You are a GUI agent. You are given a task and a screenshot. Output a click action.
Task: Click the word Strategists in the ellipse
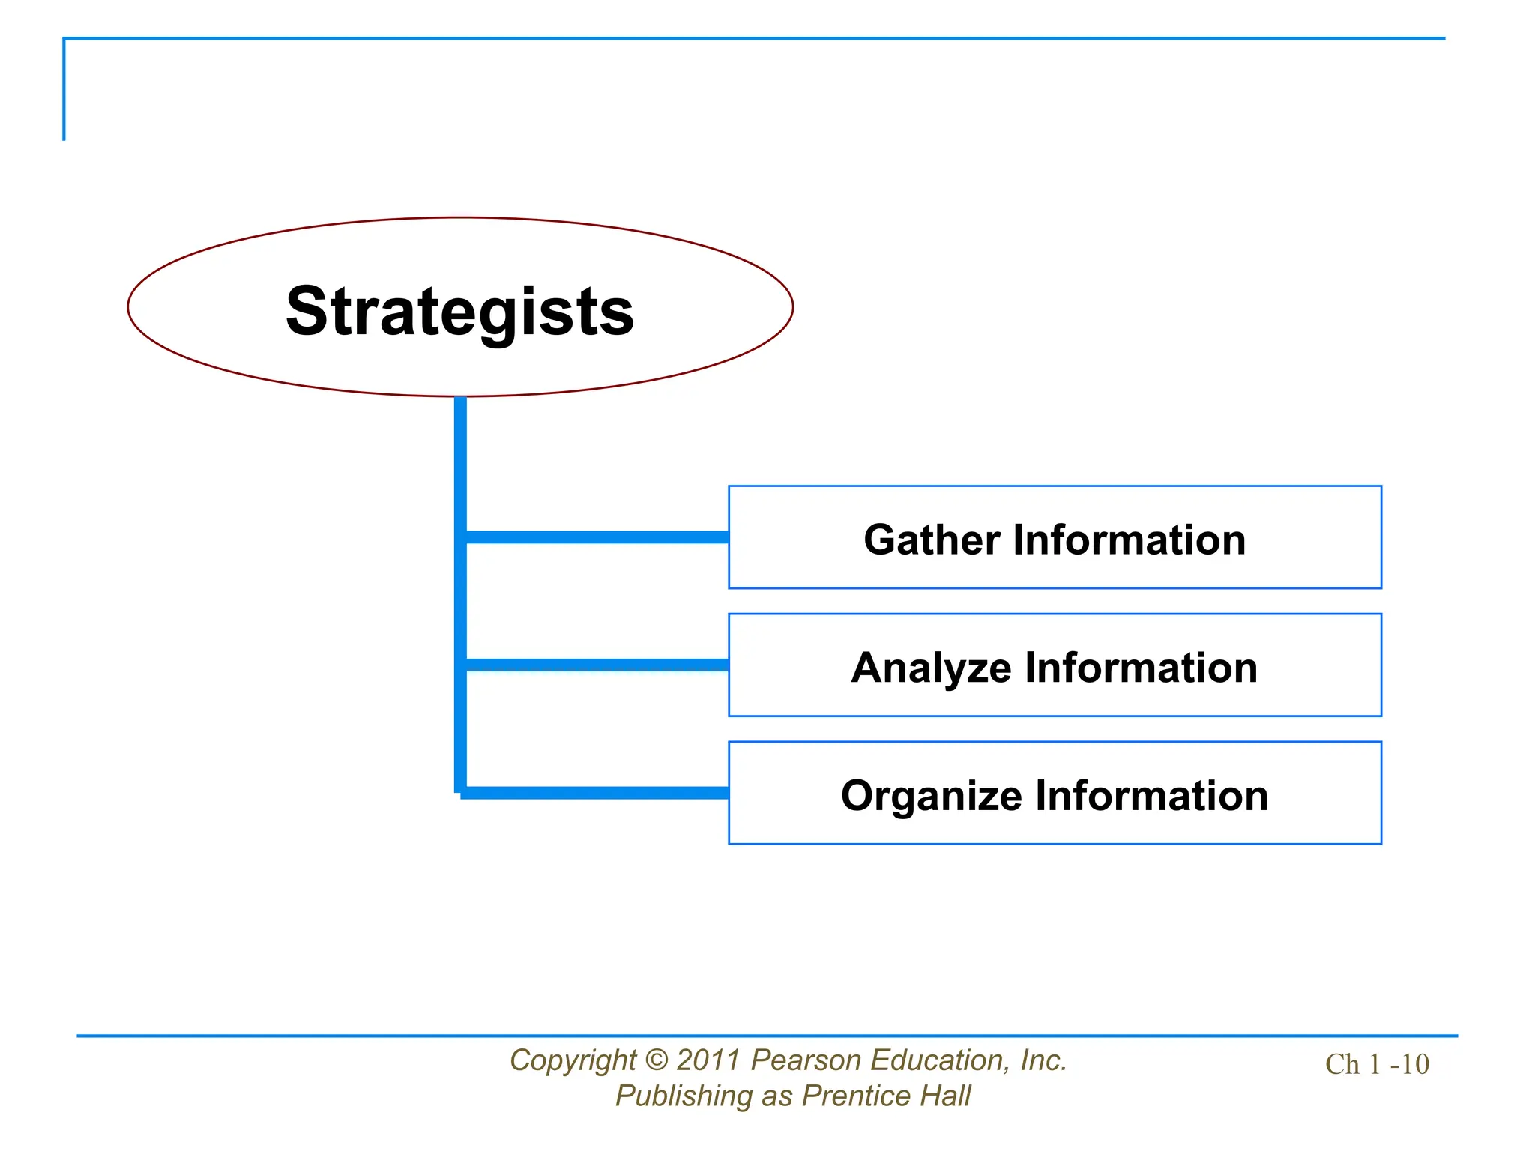(x=459, y=311)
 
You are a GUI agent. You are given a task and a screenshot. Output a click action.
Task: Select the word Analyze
(x=931, y=668)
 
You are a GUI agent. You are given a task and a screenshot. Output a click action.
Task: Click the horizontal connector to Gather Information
(x=596, y=537)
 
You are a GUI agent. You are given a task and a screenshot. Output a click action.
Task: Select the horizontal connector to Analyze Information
(x=596, y=665)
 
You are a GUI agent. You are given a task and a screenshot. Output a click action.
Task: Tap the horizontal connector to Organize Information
(x=596, y=793)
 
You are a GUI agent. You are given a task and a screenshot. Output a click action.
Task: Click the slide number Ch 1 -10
(x=1377, y=1064)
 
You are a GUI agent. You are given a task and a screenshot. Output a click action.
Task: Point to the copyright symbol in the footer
(x=656, y=1060)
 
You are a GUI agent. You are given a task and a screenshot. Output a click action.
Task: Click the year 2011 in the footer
(x=708, y=1060)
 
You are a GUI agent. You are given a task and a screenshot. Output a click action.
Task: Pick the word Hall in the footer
(x=945, y=1096)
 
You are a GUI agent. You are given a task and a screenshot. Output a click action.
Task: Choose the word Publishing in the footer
(x=684, y=1096)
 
